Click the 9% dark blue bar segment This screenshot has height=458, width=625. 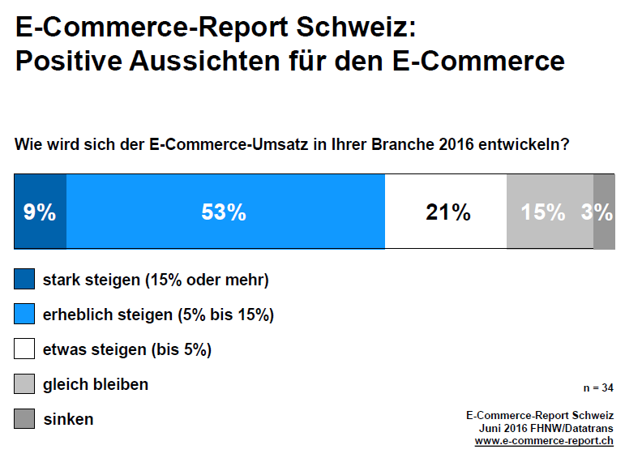coord(40,212)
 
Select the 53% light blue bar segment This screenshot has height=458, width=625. coord(225,212)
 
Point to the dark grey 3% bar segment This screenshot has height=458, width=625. coord(604,212)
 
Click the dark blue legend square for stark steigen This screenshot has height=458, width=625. coord(24,280)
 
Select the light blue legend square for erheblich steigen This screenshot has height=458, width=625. coord(24,315)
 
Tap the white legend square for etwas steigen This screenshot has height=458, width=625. coord(24,349)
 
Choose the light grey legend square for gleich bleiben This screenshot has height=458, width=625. coord(24,384)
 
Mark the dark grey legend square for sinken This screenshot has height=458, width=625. coord(24,419)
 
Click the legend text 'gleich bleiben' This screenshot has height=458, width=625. coord(96,384)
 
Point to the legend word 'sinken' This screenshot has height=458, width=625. coord(68,419)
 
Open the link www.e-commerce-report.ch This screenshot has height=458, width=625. coord(544,442)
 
